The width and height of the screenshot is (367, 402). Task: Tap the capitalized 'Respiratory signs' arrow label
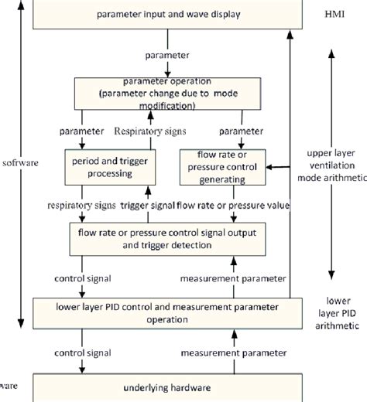point(150,131)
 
